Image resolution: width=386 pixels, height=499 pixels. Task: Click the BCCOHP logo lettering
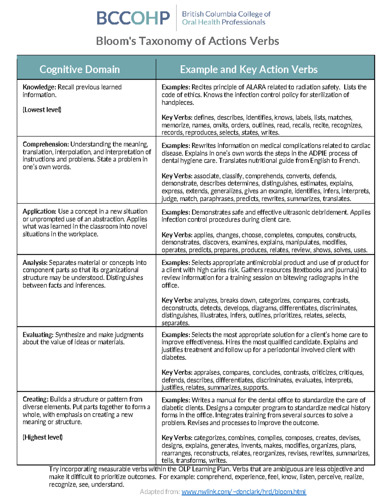click(133, 18)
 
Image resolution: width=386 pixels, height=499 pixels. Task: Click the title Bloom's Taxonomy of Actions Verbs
click(188, 41)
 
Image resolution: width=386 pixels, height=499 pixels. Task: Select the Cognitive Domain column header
click(79, 69)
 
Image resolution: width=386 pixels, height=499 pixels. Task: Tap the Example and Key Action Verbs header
click(249, 69)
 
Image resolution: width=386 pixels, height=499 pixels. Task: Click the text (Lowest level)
click(42, 110)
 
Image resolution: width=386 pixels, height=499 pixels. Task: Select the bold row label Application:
click(40, 211)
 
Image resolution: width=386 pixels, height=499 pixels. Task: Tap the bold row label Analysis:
click(35, 263)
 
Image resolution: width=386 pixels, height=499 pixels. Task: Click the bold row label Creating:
click(35, 399)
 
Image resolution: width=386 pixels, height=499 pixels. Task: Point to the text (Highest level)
click(42, 437)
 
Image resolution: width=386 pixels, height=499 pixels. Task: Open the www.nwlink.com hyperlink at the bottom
click(244, 492)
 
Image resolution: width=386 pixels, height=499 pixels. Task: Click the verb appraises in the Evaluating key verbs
click(207, 373)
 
